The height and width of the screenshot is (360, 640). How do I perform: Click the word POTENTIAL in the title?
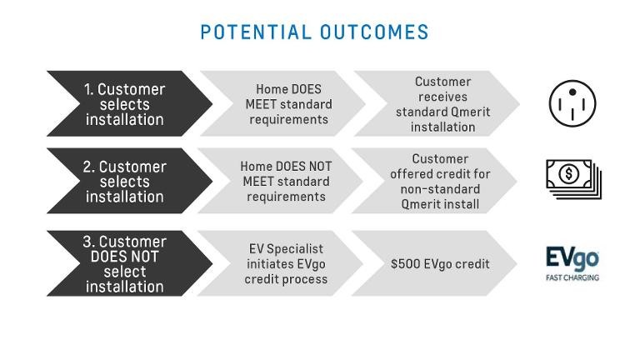(256, 32)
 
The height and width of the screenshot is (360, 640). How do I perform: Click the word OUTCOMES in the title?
(374, 32)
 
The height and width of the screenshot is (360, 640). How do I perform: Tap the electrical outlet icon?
(572, 103)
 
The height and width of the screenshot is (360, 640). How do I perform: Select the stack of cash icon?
(574, 179)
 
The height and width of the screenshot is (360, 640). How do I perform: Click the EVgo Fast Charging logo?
(572, 263)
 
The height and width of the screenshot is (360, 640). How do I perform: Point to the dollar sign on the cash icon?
(568, 174)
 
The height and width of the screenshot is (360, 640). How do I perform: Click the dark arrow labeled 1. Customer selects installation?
(129, 103)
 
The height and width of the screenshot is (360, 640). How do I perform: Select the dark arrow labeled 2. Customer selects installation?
(129, 181)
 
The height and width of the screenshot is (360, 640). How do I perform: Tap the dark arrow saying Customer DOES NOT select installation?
(129, 263)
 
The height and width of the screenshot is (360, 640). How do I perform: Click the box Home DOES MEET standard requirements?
(282, 103)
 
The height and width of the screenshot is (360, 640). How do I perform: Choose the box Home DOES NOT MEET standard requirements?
(281, 181)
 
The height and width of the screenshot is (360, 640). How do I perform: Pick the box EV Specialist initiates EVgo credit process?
(281, 263)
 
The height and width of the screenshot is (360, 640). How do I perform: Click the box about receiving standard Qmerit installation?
(437, 103)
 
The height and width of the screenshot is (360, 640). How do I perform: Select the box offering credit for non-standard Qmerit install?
(435, 181)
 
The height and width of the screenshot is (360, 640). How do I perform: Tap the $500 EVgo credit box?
(435, 263)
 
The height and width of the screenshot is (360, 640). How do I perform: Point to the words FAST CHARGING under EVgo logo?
(572, 277)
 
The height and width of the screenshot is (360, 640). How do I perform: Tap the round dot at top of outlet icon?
(572, 92)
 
